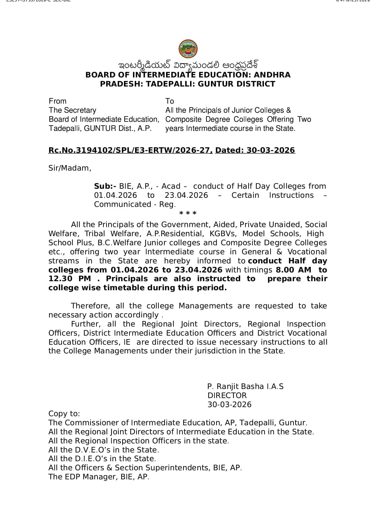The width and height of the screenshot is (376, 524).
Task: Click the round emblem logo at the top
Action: (188, 49)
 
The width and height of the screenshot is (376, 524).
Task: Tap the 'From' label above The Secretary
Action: (57, 101)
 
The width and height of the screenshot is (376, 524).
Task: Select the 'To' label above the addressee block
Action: (170, 101)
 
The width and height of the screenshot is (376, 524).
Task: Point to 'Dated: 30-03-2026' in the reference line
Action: (255, 150)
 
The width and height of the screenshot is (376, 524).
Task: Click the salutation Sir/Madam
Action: (70, 168)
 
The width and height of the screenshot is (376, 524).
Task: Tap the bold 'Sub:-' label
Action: (105, 186)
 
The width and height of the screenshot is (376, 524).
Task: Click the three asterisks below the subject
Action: (188, 213)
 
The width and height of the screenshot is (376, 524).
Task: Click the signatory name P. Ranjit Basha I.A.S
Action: (245, 387)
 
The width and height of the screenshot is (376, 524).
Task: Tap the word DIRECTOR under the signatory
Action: (227, 396)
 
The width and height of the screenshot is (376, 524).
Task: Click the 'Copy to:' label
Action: (64, 414)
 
